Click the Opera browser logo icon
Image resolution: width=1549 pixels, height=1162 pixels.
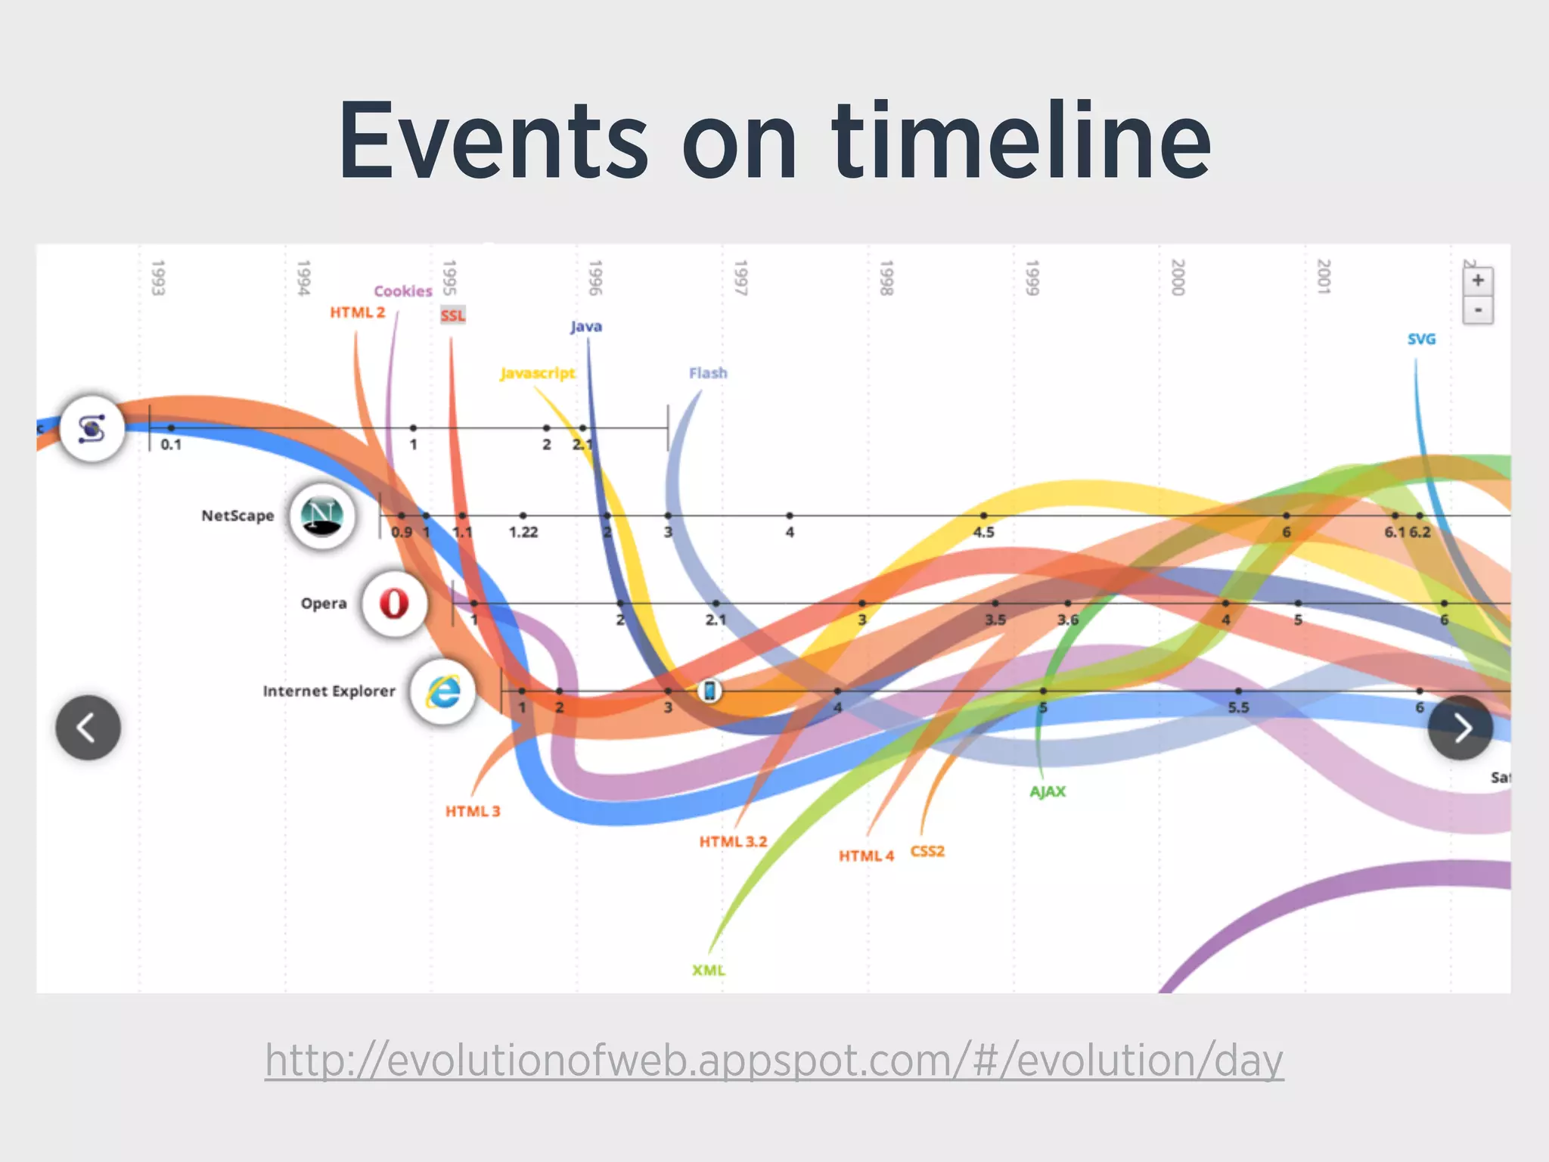pyautogui.click(x=394, y=604)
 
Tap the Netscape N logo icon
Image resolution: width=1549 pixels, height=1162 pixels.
pyautogui.click(x=322, y=516)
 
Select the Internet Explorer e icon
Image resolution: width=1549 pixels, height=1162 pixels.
pyautogui.click(x=443, y=691)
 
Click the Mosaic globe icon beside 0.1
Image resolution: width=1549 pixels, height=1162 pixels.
pyautogui.click(x=92, y=429)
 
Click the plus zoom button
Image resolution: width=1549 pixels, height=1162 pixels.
pyautogui.click(x=1477, y=281)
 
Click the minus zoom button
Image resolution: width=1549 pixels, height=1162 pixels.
pyautogui.click(x=1477, y=310)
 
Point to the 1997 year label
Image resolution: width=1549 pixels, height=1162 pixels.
pyautogui.click(x=740, y=278)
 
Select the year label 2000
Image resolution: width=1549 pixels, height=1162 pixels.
pyautogui.click(x=1178, y=278)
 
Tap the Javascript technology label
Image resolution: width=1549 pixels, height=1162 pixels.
pyautogui.click(x=538, y=373)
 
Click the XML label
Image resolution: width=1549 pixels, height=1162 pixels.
pyautogui.click(x=709, y=970)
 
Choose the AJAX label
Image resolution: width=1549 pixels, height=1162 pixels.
pyautogui.click(x=1048, y=791)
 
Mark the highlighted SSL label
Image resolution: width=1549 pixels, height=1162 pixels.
pyautogui.click(x=453, y=315)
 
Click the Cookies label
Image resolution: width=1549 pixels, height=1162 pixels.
pyautogui.click(x=403, y=291)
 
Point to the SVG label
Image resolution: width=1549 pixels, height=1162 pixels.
pyautogui.click(x=1421, y=339)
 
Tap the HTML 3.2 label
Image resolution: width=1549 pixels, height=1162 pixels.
pyautogui.click(x=733, y=841)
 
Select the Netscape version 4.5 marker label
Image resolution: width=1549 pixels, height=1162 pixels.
pyautogui.click(x=983, y=532)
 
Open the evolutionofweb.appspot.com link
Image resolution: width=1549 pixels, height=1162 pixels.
pyautogui.click(x=774, y=1060)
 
